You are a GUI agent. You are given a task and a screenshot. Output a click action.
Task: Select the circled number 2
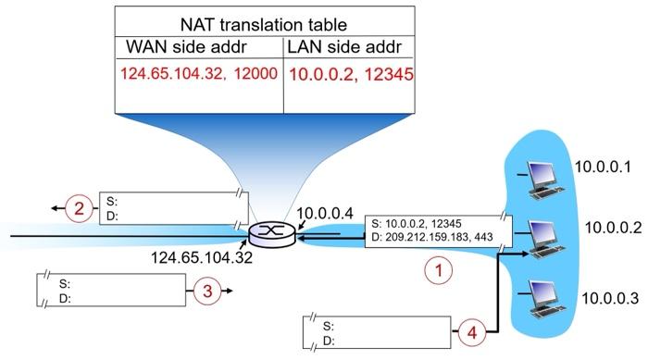pos(80,209)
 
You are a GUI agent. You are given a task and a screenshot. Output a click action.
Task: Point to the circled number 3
pos(206,291)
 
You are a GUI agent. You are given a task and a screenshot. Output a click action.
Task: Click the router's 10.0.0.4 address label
pos(324,215)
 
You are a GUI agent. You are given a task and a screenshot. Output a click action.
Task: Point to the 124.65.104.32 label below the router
pos(202,257)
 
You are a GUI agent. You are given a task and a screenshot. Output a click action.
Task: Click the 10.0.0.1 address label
pos(603,168)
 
